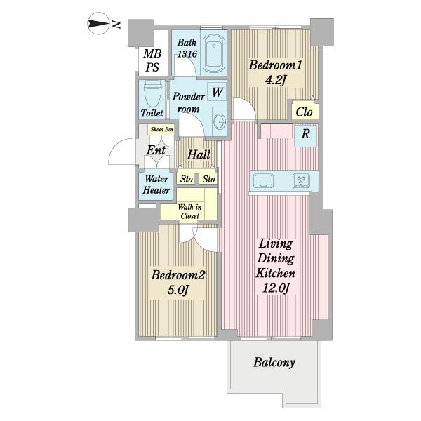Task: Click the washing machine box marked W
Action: point(217,92)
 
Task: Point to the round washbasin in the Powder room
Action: point(220,121)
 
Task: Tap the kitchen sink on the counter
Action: point(263,180)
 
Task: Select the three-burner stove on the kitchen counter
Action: point(301,180)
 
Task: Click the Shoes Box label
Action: point(162,129)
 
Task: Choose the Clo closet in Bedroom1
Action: point(305,110)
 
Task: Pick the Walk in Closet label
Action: point(190,211)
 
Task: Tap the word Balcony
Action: point(274,363)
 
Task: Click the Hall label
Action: point(199,155)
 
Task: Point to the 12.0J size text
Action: point(276,288)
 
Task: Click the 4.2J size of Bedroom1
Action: point(276,80)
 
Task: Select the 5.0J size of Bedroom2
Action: point(178,289)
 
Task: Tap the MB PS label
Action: point(152,60)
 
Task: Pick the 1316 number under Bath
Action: point(187,54)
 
